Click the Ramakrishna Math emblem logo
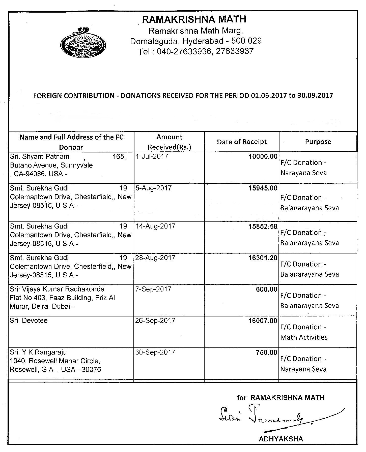coord(83,43)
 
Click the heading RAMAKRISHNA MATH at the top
coord(194,19)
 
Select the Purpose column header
coord(318,142)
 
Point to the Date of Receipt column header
coord(242,142)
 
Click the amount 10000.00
coord(263,156)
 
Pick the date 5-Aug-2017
coord(153,188)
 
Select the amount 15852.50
coord(263,226)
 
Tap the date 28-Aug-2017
coord(155,258)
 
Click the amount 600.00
coord(267,289)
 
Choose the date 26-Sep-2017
coord(155,320)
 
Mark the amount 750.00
coord(267,352)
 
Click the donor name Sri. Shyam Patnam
coord(40,156)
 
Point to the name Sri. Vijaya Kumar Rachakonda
coord(57,289)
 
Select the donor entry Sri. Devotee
coord(29,320)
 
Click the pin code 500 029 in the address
coord(246,41)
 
